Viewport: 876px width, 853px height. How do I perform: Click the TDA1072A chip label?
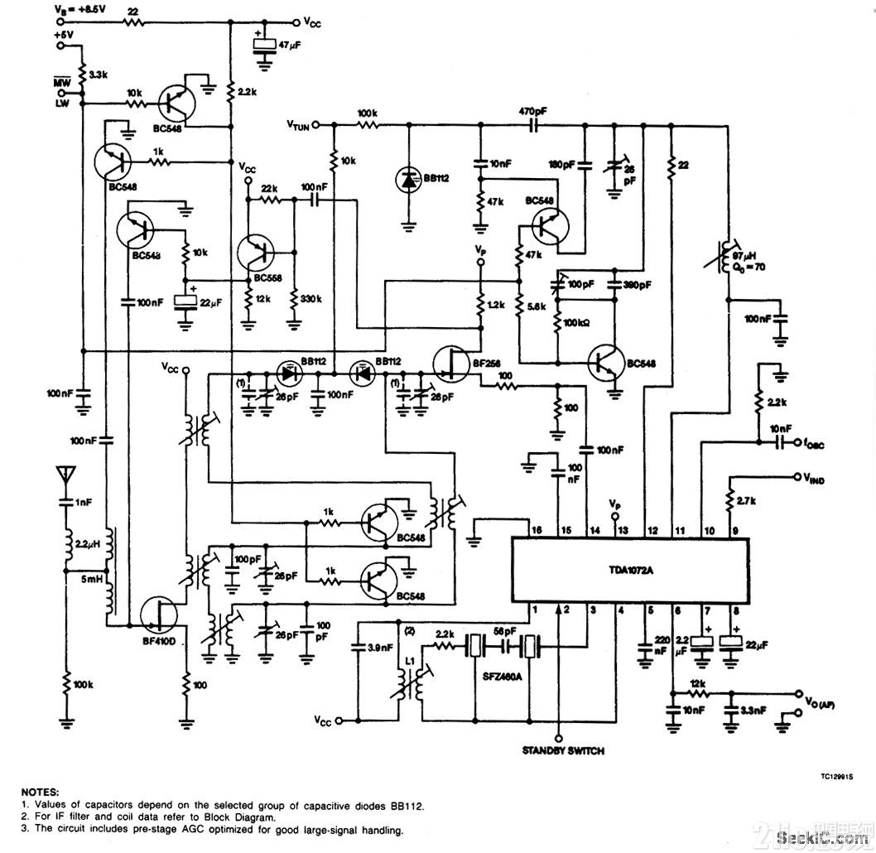(x=630, y=570)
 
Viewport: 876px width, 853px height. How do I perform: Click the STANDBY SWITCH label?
(x=562, y=751)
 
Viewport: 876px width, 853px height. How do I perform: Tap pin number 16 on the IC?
(x=537, y=529)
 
